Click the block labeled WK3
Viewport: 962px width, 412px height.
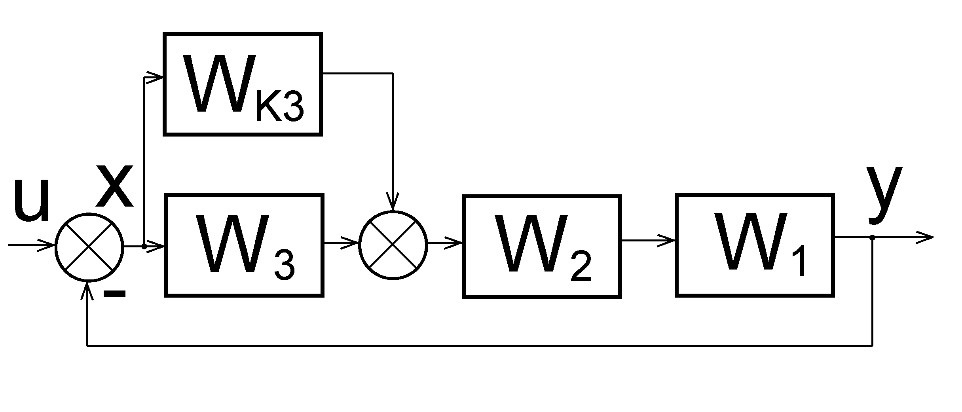243,84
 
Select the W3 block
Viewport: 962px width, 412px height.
244,245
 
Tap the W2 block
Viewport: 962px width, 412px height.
541,246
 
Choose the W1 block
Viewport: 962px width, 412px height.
755,245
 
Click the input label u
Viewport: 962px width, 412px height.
31,200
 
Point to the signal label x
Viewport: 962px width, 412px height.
115,186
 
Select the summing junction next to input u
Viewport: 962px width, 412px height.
89,247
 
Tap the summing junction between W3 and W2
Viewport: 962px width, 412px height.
393,245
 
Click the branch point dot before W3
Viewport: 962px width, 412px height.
144,247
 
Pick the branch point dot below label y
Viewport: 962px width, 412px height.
872,237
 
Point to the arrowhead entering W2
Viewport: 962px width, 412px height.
454,243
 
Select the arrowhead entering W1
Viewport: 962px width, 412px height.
667,240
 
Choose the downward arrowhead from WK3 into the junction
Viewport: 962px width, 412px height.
393,202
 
